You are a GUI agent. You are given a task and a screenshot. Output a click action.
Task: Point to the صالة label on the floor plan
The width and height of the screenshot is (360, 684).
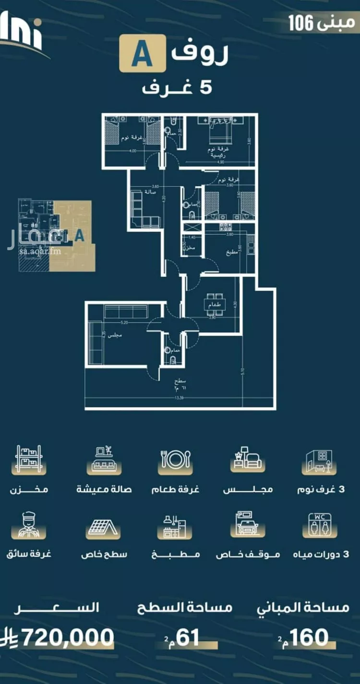pyautogui.click(x=143, y=191)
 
